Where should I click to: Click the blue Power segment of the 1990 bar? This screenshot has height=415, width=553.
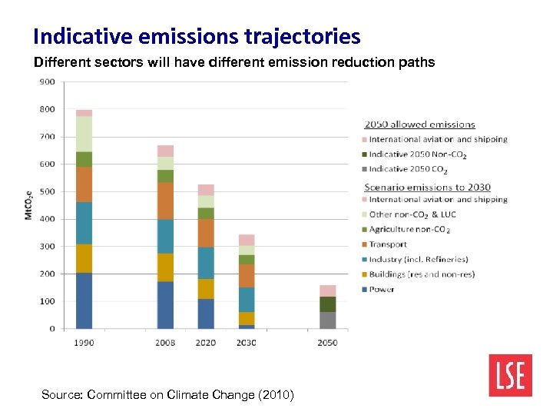(84, 300)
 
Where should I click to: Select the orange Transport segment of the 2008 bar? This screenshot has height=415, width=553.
(165, 201)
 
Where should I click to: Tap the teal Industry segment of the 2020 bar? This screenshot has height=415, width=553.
(206, 263)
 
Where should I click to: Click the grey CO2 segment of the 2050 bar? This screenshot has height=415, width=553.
(328, 320)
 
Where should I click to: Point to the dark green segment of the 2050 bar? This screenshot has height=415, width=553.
(328, 304)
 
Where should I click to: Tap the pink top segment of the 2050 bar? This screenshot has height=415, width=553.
(328, 290)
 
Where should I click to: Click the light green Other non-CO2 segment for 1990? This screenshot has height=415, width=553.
(84, 134)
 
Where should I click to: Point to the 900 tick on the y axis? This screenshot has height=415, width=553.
(47, 81)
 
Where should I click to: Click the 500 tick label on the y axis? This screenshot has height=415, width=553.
(47, 191)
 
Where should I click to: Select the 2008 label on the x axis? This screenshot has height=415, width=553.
(165, 343)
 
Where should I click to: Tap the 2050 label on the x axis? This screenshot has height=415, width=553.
(328, 343)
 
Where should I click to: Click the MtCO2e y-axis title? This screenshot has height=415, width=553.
(29, 204)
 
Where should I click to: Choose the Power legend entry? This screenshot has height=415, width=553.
(382, 289)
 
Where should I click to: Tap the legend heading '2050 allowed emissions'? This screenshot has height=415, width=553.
(419, 124)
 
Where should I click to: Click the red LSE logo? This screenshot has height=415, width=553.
(509, 375)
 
